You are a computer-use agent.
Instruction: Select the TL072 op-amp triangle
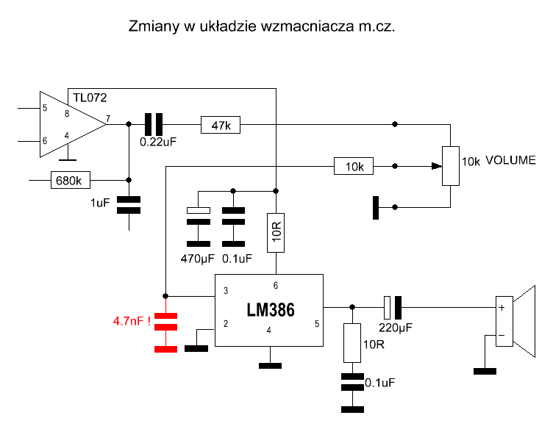[x=70, y=125]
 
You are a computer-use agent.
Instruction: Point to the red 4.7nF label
[x=132, y=321]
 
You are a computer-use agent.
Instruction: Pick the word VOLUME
[x=510, y=160]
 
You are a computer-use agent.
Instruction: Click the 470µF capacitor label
[x=196, y=258]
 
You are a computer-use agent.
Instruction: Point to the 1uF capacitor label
[x=100, y=202]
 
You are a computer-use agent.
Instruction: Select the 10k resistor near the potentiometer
[x=354, y=166]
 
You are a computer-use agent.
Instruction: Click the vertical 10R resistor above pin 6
[x=276, y=232]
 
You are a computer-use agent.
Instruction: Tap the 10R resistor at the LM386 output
[x=353, y=342]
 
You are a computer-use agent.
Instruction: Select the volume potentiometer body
[x=449, y=166]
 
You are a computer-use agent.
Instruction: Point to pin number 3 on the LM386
[x=225, y=291]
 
